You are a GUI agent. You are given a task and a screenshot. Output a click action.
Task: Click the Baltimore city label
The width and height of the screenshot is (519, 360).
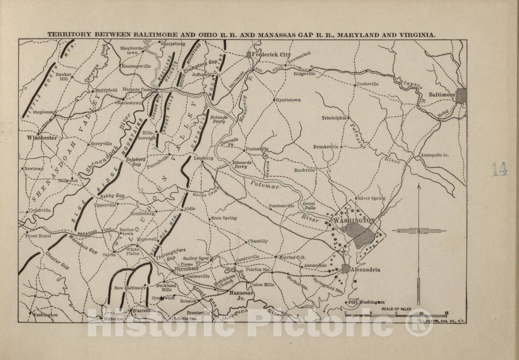tap(442, 95)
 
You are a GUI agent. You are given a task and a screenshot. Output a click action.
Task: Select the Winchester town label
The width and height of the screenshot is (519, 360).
tap(42, 137)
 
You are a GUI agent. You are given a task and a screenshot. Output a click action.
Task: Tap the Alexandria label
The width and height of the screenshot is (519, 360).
tap(366, 270)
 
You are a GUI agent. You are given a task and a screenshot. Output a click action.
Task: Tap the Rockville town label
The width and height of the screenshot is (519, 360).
tap(304, 170)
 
